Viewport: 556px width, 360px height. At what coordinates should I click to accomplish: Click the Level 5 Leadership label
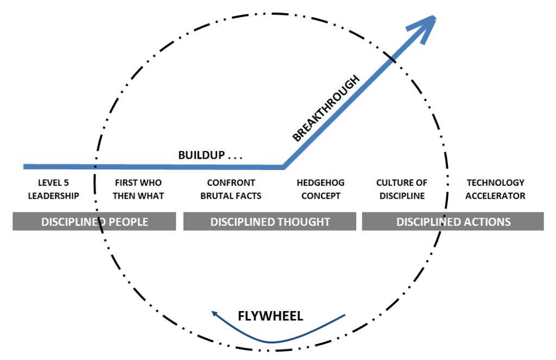click(x=53, y=189)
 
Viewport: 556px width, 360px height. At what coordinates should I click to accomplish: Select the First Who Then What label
click(x=138, y=189)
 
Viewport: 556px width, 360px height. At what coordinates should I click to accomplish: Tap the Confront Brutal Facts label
click(x=231, y=189)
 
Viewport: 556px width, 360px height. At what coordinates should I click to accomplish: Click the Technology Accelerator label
click(x=495, y=189)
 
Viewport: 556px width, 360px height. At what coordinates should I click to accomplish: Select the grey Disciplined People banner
click(x=94, y=222)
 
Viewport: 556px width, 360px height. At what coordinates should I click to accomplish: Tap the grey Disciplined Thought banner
click(x=270, y=222)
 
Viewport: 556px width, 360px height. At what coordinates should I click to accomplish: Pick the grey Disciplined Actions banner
click(x=453, y=222)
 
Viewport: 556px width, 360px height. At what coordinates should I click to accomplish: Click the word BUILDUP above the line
click(x=201, y=155)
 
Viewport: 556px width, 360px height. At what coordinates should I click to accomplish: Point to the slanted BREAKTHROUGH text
click(x=326, y=109)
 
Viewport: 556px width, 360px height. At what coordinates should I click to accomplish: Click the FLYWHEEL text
click(x=270, y=316)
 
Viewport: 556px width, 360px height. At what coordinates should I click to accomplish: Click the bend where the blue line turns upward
click(x=283, y=166)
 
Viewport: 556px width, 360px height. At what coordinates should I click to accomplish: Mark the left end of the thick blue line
click(x=25, y=166)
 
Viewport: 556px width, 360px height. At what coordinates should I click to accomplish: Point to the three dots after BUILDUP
click(x=235, y=157)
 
